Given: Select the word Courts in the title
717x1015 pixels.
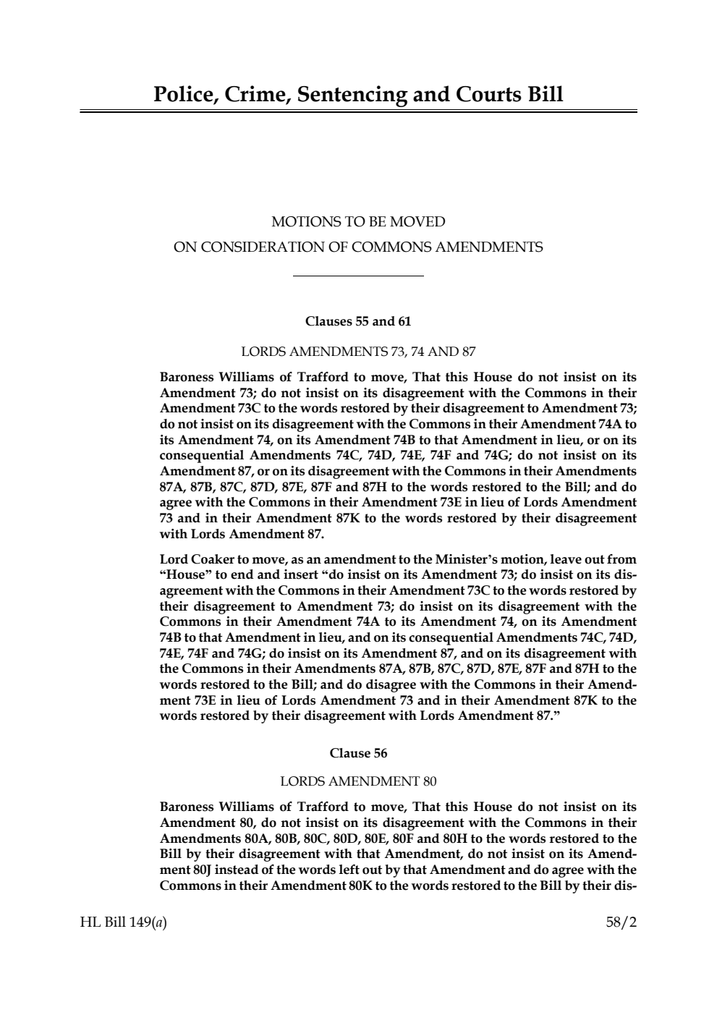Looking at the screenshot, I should point(490,95).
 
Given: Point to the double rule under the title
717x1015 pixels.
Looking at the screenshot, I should point(358,111).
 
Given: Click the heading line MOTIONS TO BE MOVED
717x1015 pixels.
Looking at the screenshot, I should point(358,221).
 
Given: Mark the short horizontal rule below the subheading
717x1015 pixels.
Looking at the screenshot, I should point(358,276).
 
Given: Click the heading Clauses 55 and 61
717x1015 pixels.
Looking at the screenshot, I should point(358,320).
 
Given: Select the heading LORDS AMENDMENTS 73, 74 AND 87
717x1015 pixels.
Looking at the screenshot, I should point(358,352).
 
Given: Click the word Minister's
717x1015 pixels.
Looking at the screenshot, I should point(464,559).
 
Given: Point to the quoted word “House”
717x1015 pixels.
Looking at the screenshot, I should point(182,575).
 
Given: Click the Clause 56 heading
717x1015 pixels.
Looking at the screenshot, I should point(358,753).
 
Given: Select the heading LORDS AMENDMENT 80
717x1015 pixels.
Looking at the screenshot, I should point(358,781).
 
